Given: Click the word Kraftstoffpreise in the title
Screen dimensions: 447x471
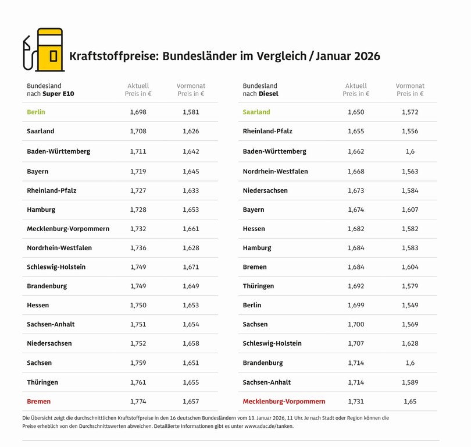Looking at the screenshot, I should [x=113, y=56].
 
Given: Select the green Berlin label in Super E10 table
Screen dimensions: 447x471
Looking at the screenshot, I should [x=35, y=112].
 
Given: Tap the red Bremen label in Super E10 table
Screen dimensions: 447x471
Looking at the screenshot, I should [x=38, y=402].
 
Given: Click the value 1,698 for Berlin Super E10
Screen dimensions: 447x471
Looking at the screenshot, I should [x=138, y=112].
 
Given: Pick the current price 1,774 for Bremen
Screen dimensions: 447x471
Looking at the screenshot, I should [x=138, y=402].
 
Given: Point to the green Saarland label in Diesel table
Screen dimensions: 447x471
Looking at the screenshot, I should [x=256, y=112].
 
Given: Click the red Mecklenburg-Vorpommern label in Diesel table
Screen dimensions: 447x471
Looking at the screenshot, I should [x=284, y=402].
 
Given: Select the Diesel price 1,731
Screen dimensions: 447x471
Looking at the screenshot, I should [x=356, y=402].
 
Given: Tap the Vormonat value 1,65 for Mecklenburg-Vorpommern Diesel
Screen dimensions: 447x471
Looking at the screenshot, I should [x=410, y=402].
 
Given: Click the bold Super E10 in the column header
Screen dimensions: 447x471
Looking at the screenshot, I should [x=58, y=94].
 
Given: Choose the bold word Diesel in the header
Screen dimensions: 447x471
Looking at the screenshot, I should [x=269, y=94].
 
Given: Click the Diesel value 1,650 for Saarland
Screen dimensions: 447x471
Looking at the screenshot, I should [x=356, y=112].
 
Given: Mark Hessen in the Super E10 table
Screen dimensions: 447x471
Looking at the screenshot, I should [x=38, y=305].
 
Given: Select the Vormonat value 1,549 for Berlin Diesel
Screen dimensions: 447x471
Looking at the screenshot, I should [x=410, y=305].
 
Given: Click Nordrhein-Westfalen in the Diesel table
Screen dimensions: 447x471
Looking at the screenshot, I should [x=275, y=172].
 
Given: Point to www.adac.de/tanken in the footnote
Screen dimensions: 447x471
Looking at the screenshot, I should [x=269, y=426].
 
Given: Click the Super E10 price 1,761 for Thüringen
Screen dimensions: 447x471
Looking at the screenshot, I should [x=138, y=382].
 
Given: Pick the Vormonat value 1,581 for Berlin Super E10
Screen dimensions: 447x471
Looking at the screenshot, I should [x=191, y=112].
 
